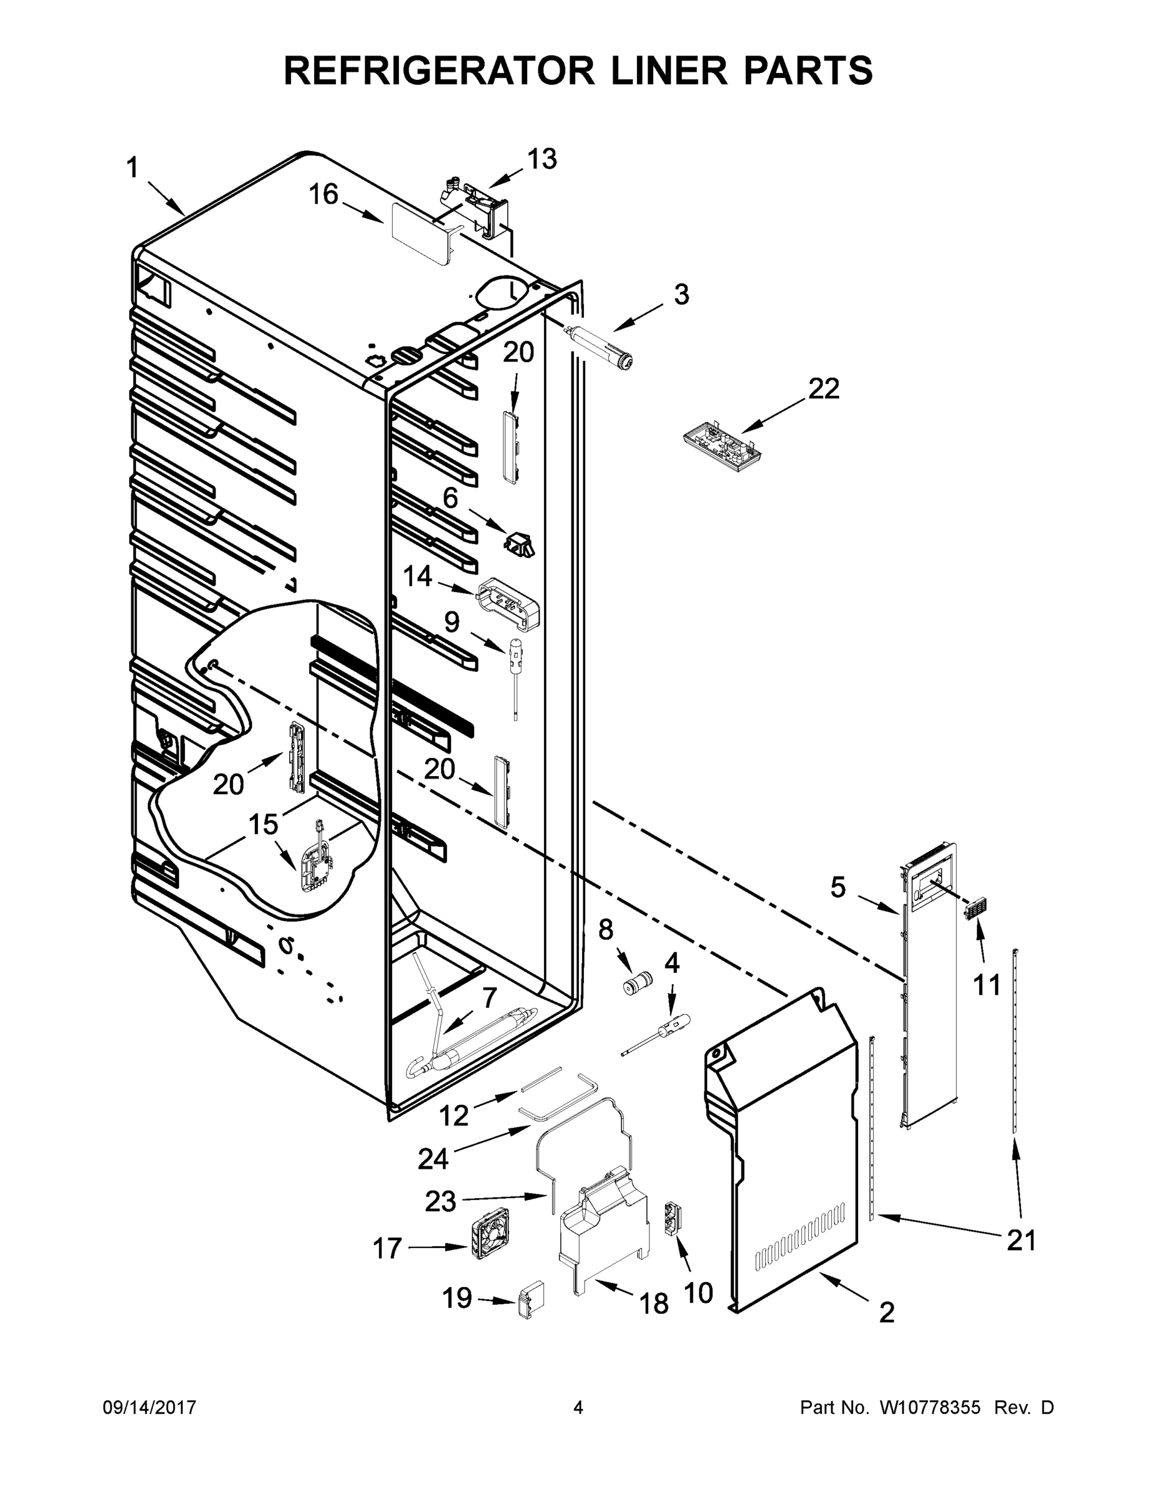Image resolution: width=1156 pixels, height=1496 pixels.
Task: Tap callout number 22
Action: (x=823, y=389)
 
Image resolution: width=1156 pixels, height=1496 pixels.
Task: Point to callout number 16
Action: (x=323, y=195)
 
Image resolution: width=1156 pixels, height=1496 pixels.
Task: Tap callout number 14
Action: (x=417, y=577)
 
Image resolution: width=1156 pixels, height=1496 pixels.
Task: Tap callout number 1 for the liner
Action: (x=132, y=168)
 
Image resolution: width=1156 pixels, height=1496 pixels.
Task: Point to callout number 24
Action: (x=433, y=1159)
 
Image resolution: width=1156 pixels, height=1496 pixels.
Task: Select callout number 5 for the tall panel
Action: (x=838, y=888)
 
